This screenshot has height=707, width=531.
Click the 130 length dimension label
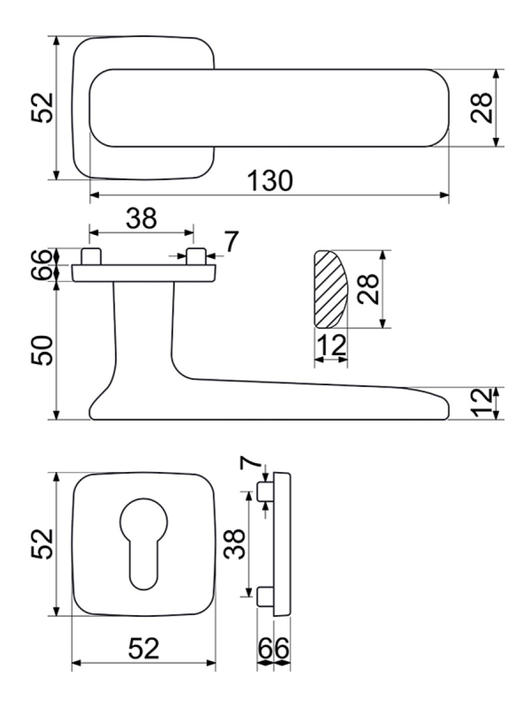tap(270, 181)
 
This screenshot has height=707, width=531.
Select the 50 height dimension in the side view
tap(42, 351)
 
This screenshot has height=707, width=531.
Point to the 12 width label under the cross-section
tap(332, 345)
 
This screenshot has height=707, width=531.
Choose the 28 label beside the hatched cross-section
tap(368, 289)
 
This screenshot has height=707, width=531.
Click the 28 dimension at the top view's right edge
tap(481, 108)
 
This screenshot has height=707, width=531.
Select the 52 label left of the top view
tap(42, 108)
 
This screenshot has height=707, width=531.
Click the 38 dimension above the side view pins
tap(141, 218)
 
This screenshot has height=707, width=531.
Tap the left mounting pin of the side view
tap(91, 256)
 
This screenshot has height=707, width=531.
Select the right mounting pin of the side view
tap(196, 256)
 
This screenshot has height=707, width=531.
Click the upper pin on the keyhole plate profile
tap(266, 492)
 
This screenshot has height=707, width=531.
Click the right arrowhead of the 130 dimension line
tap(444, 195)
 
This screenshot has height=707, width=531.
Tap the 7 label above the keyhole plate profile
tap(250, 463)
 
